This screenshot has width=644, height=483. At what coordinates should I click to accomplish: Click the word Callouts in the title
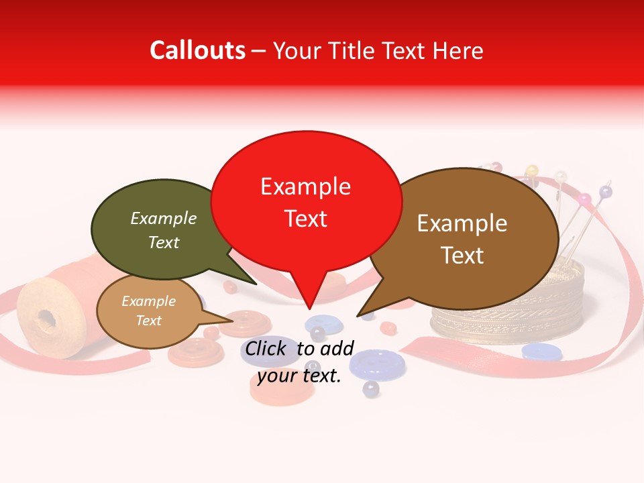click(x=197, y=50)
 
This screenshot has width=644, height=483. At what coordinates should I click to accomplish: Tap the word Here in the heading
click(x=459, y=50)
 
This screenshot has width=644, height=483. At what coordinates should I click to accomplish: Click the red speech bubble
click(x=306, y=201)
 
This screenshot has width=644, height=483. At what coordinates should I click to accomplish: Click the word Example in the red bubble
click(x=305, y=186)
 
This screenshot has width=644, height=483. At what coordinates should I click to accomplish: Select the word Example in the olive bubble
click(x=163, y=219)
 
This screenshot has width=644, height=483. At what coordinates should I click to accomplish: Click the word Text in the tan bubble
click(x=149, y=321)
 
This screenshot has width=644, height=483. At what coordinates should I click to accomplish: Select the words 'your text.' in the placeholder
click(x=299, y=376)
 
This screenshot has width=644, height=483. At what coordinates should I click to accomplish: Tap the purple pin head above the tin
click(x=606, y=193)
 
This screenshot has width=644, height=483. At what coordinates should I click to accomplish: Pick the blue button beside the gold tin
click(x=542, y=351)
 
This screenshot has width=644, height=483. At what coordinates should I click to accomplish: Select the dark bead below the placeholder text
click(x=370, y=388)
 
